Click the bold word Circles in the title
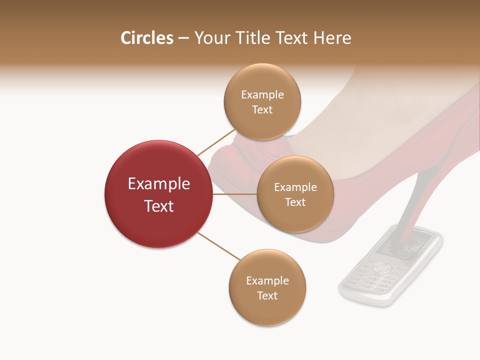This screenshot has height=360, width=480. point(147,38)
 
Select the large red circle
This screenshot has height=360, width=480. point(158,194)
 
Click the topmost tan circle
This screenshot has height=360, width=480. point(262,101)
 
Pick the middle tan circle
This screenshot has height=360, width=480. point(295,194)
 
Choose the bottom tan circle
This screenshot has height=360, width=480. point(267,287)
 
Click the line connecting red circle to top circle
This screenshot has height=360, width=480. point(216,142)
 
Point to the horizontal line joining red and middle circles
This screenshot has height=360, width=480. point(235,194)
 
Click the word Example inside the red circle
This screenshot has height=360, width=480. point(158,183)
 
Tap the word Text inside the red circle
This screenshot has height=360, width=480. point(158,205)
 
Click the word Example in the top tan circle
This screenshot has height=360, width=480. point(262,94)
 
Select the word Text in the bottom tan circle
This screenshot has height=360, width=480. point(267,295)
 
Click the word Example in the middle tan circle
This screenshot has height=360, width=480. point(295,187)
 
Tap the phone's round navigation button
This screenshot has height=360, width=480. point(383,267)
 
